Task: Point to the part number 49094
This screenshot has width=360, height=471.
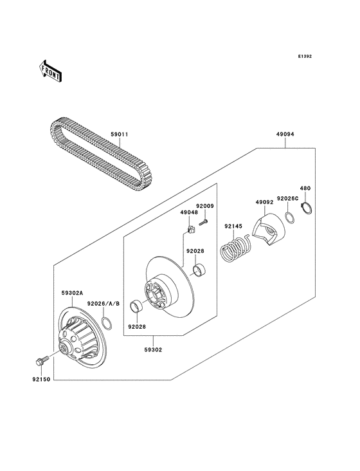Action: tap(285, 136)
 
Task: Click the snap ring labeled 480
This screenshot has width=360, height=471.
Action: tap(308, 208)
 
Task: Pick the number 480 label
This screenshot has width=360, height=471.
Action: tap(305, 189)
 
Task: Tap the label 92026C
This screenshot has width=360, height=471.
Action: tap(287, 199)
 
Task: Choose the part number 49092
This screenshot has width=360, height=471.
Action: tap(264, 202)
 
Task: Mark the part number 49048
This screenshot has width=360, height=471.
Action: tap(188, 212)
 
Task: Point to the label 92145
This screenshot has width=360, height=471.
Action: tap(233, 226)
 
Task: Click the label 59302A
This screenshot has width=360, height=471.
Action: tap(72, 292)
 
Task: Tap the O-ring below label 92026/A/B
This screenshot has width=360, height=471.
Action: tap(108, 320)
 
